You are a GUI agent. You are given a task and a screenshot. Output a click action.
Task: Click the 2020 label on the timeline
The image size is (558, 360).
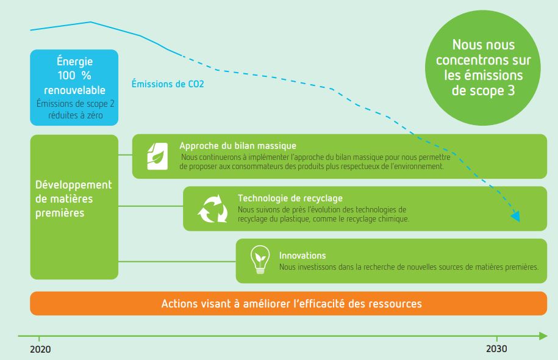(40, 349)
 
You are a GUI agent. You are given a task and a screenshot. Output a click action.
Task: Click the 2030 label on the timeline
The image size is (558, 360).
(496, 348)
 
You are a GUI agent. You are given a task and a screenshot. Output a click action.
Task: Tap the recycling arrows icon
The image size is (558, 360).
(212, 209)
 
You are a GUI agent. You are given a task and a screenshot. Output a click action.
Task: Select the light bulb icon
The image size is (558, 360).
(260, 259)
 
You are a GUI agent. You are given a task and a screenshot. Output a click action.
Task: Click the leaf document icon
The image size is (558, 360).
(157, 156)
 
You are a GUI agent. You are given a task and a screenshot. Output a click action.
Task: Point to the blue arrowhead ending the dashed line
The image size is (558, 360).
(516, 216)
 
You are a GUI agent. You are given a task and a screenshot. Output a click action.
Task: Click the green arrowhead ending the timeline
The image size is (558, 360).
(543, 336)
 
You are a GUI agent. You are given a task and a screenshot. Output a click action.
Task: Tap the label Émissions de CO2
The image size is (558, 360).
(168, 84)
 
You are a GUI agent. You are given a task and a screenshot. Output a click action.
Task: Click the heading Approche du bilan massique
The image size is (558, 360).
(238, 146)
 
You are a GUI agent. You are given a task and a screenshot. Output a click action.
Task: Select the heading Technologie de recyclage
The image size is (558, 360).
(290, 198)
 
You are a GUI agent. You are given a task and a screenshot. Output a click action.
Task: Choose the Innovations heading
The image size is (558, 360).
(302, 255)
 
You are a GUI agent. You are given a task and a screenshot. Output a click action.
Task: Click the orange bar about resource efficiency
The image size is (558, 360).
(288, 303)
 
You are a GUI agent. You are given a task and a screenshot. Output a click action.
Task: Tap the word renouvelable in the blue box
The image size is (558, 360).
(74, 90)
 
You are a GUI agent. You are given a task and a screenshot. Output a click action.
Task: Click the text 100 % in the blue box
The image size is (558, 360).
(74, 76)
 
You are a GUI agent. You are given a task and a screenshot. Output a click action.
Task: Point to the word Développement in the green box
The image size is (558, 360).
(74, 185)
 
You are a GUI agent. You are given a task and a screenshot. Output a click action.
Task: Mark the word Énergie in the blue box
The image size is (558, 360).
(74, 61)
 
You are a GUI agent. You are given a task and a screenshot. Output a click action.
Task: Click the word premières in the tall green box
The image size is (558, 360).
(60, 213)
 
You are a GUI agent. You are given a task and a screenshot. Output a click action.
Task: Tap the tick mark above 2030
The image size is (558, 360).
(497, 338)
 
